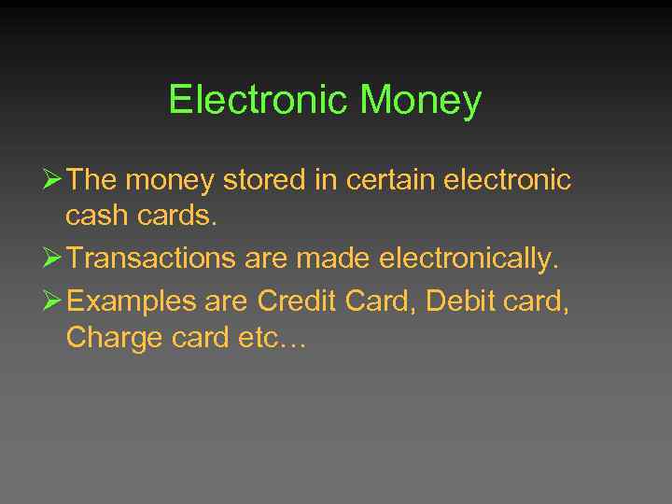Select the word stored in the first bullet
[x=269, y=179]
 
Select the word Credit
[x=296, y=301]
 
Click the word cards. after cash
[x=178, y=217]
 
